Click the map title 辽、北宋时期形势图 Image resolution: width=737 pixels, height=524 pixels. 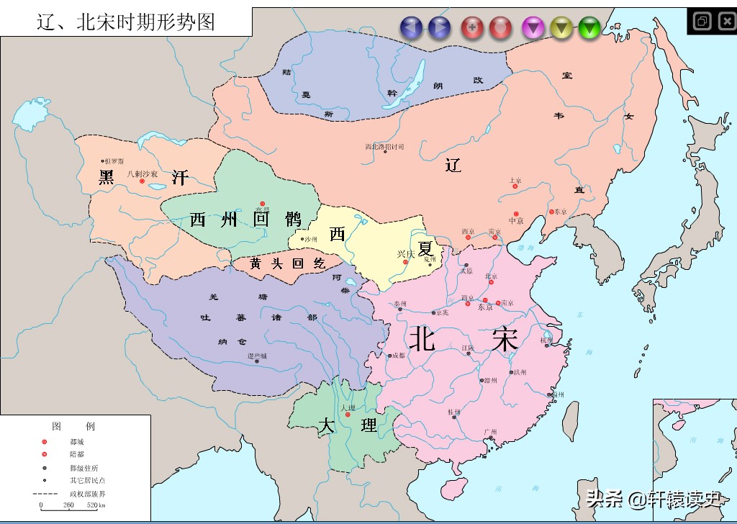(x=126, y=22)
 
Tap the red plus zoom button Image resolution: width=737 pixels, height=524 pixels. (x=472, y=28)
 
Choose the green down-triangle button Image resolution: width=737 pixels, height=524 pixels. (x=589, y=28)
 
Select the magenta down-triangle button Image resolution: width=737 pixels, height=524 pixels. (x=533, y=28)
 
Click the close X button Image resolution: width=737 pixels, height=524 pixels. (x=726, y=21)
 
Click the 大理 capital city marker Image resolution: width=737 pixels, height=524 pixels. (x=348, y=415)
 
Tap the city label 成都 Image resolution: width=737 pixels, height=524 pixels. (x=397, y=356)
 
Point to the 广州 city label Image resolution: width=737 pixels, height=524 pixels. (x=490, y=432)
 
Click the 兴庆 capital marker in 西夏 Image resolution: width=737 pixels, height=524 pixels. (x=406, y=262)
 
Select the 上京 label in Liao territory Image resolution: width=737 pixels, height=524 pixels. (x=515, y=180)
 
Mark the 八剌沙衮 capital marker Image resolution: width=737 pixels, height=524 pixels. (x=142, y=181)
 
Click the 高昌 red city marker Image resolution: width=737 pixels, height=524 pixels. (x=263, y=204)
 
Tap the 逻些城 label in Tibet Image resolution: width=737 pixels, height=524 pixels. (x=257, y=356)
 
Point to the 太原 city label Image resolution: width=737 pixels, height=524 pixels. (x=466, y=271)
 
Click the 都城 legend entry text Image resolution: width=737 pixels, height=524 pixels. (x=77, y=441)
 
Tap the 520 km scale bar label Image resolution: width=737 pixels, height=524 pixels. (x=96, y=505)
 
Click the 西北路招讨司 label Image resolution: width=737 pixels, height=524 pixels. (x=384, y=147)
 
